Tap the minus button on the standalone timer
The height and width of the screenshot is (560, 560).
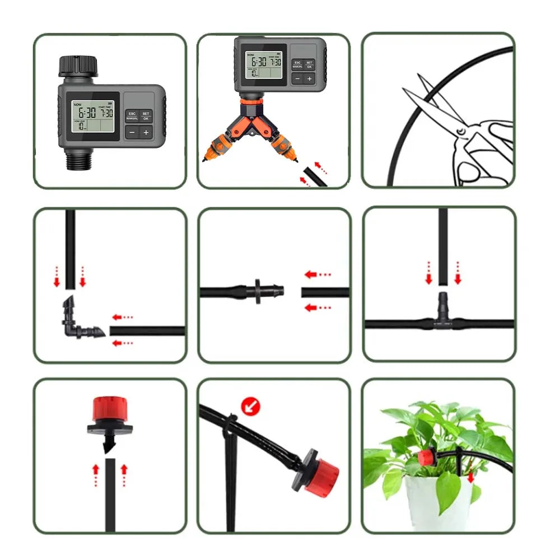pyautogui.click(x=131, y=132)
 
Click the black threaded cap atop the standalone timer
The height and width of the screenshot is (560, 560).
pyautogui.click(x=78, y=66)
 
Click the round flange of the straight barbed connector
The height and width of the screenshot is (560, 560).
pyautogui.click(x=258, y=292)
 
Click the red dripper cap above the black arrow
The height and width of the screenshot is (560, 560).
pyautogui.click(x=110, y=412)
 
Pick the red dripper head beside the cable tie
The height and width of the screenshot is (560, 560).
pyautogui.click(x=320, y=474)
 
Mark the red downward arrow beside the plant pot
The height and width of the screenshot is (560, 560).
pyautogui.click(x=471, y=477)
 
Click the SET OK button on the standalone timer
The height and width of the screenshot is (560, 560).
pyautogui.click(x=146, y=116)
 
